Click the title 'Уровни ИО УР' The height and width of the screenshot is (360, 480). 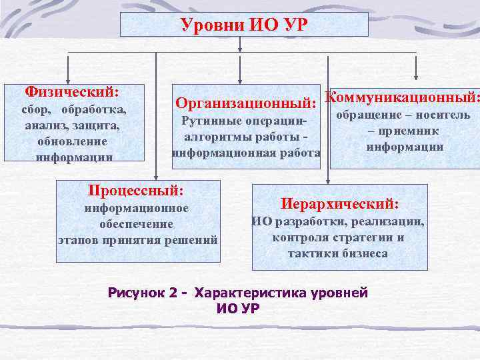point(243,25)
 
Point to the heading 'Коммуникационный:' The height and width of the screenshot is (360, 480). point(402,97)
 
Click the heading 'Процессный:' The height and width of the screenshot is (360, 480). point(136,190)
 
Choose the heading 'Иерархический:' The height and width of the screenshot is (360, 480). point(340,203)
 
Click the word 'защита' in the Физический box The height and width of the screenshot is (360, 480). point(99,125)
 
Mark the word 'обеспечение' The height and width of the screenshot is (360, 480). point(136,224)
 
